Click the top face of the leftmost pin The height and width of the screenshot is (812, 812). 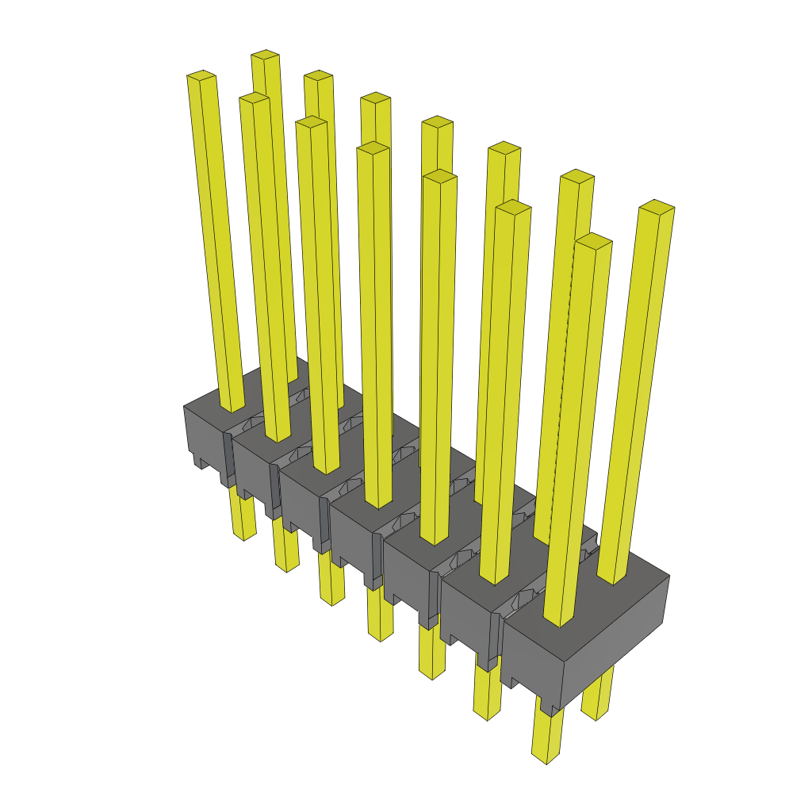pyautogui.click(x=201, y=75)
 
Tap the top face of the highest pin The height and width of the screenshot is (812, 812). pyautogui.click(x=265, y=55)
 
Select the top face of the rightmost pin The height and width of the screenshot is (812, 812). pyautogui.click(x=657, y=206)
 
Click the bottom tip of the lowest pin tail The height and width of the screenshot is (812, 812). pyautogui.click(x=546, y=759)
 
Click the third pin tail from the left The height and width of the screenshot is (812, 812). pyautogui.click(x=331, y=579)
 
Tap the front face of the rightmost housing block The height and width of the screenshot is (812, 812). pyautogui.click(x=531, y=666)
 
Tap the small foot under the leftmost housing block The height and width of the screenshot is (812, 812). pyautogui.click(x=198, y=460)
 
